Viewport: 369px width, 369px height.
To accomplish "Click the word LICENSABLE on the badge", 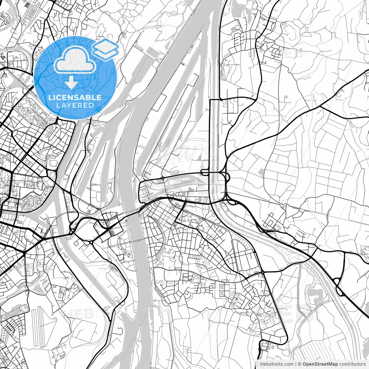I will point(75,97).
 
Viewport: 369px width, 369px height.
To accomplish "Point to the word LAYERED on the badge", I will point(75,106).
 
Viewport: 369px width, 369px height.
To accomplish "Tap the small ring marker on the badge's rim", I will point(99,109).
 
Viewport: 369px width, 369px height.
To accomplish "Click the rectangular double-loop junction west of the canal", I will point(205,172).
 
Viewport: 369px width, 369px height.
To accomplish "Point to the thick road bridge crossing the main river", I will point(133,213).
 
